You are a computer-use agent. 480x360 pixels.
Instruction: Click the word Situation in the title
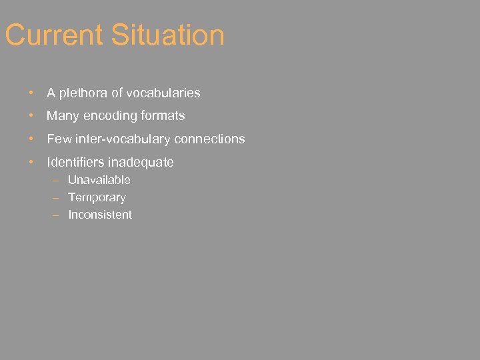click(x=168, y=35)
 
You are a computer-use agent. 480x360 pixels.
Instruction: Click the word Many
click(x=63, y=116)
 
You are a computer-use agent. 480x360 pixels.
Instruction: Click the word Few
click(x=59, y=139)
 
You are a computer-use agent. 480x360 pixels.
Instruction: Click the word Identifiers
click(x=75, y=162)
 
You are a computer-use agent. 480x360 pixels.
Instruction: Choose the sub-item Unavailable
click(x=99, y=180)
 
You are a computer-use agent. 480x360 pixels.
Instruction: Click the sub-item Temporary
click(x=97, y=197)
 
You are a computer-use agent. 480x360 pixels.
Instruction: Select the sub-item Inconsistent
click(x=100, y=215)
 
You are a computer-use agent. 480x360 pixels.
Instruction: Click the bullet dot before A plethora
click(x=31, y=93)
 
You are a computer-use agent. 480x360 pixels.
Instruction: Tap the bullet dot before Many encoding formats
click(x=31, y=116)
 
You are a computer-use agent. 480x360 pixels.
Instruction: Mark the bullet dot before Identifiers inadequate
click(x=31, y=162)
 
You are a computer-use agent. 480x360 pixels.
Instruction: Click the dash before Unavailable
click(x=57, y=180)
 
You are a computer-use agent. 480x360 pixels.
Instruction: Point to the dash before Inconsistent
click(x=57, y=215)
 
